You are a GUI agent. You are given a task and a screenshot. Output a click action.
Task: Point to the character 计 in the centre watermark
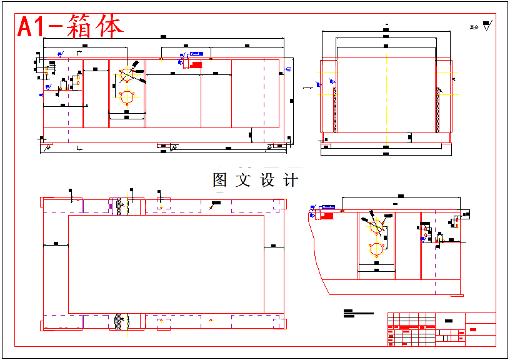click(291, 181)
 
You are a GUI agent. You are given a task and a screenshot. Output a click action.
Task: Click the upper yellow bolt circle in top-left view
click(127, 74)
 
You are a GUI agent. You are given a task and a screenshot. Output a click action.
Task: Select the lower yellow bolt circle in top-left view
click(127, 97)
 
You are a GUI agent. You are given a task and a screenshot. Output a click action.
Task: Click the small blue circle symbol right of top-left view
click(288, 69)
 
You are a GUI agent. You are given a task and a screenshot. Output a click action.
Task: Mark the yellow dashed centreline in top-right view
click(387, 94)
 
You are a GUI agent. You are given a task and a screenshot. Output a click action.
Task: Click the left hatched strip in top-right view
click(335, 109)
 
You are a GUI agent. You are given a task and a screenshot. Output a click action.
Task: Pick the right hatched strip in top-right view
click(438, 109)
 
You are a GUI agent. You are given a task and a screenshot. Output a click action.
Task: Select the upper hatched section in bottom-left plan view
click(118, 206)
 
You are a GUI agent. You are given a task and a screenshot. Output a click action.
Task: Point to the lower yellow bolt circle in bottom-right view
click(376, 249)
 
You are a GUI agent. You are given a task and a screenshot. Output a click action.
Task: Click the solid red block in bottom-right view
click(326, 216)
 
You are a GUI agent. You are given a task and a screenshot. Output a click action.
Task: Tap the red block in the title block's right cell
click(473, 329)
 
